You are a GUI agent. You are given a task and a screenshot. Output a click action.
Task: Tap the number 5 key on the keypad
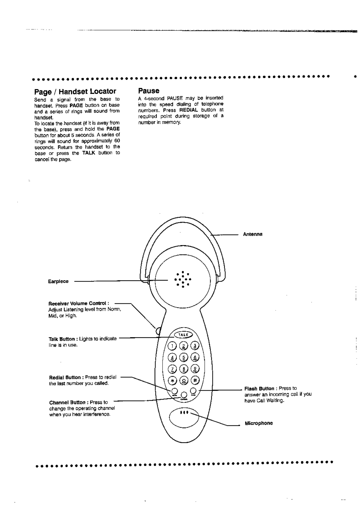(x=184, y=357)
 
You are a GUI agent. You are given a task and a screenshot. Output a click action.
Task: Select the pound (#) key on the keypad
(x=195, y=379)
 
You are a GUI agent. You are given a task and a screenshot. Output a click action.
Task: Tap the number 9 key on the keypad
(x=195, y=368)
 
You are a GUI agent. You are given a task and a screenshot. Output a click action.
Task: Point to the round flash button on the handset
(x=194, y=391)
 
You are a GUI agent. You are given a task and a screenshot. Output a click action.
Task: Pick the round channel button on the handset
(x=184, y=395)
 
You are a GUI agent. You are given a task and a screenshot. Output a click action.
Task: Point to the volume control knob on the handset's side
(x=159, y=331)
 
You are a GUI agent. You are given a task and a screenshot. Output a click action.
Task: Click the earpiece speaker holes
(x=183, y=279)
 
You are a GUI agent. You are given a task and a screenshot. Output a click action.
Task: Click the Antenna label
(x=253, y=234)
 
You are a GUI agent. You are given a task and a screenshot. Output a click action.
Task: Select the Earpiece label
(x=58, y=281)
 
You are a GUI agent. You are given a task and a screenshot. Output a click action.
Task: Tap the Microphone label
(x=259, y=423)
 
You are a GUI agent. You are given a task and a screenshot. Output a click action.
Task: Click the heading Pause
(x=149, y=91)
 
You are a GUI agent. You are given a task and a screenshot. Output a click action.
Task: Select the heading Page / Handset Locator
(x=75, y=91)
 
